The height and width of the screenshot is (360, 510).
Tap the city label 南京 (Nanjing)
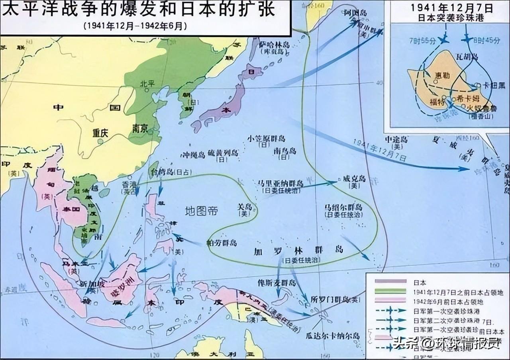coord(139,129)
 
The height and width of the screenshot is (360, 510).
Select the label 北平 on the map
coord(147,84)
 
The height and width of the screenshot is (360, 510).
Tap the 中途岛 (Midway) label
coord(396,139)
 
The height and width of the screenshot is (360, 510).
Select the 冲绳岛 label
coord(192,154)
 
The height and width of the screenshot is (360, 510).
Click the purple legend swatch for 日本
coord(390,281)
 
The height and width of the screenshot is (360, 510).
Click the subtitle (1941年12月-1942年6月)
coord(135,26)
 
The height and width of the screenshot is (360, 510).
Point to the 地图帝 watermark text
coord(202,211)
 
